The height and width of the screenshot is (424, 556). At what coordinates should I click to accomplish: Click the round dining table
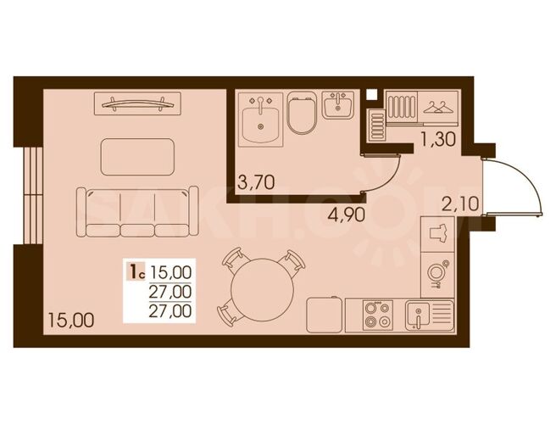[262, 290]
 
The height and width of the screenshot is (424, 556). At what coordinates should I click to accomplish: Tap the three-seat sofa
[137, 211]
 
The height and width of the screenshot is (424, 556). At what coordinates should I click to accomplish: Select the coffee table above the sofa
[137, 157]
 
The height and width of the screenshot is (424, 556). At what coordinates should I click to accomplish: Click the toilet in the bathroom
[301, 113]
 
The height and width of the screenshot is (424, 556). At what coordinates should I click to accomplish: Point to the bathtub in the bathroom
[261, 120]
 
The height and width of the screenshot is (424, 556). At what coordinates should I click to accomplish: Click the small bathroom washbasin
[338, 104]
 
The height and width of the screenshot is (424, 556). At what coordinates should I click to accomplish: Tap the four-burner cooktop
[378, 315]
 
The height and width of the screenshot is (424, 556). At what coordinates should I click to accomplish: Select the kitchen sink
[430, 315]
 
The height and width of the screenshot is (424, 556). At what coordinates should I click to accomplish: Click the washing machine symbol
[437, 275]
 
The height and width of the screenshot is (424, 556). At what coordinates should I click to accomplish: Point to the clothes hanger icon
[439, 107]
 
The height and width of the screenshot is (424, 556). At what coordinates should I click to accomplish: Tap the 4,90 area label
[346, 215]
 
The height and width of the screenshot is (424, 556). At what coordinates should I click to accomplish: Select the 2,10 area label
[460, 204]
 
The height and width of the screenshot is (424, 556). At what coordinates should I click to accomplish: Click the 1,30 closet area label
[437, 139]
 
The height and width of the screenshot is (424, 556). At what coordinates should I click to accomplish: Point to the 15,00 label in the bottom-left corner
[71, 320]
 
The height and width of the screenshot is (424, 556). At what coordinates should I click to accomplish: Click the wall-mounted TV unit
[137, 103]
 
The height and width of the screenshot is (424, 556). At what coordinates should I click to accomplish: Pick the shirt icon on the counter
[437, 234]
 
